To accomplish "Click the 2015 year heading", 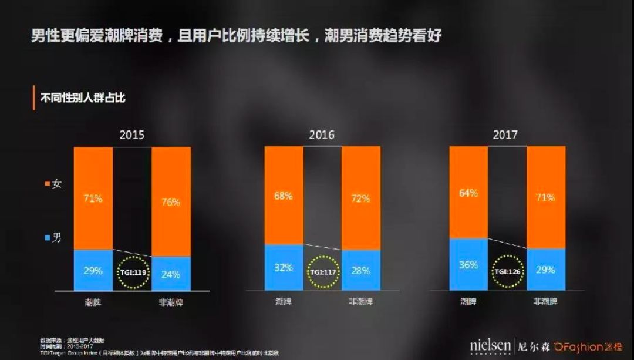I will [x=131, y=134].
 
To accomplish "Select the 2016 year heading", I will [x=322, y=134].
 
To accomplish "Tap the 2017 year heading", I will [x=505, y=134].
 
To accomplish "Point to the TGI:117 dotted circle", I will [x=323, y=272].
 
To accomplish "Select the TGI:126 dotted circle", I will [x=508, y=271].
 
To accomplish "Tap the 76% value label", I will [x=170, y=201].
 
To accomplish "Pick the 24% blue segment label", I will [x=170, y=274].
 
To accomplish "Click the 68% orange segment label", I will [x=283, y=196].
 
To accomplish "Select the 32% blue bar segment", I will [x=283, y=267].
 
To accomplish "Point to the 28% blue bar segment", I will [x=360, y=271].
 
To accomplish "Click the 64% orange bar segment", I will [x=468, y=192].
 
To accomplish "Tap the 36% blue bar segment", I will [x=468, y=264].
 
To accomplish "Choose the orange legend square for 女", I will [x=47, y=184].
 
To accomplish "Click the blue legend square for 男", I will [x=47, y=238].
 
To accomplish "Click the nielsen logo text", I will [x=490, y=345].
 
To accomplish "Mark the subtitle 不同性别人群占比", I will [x=83, y=97].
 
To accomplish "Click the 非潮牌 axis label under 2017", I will [x=546, y=302].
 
